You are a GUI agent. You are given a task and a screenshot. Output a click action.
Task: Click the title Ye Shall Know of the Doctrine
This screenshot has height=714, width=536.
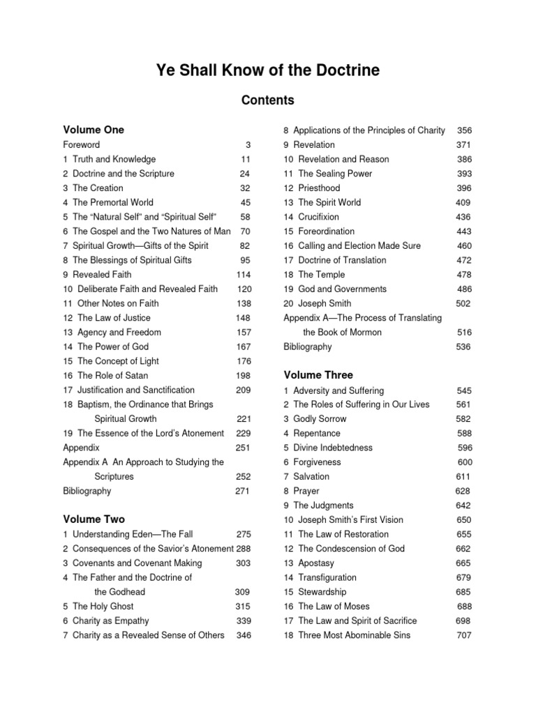click(x=267, y=71)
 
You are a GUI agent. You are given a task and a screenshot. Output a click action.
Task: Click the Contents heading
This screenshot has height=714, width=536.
click(x=267, y=100)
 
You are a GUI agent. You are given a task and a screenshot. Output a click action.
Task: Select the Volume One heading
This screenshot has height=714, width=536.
click(x=94, y=130)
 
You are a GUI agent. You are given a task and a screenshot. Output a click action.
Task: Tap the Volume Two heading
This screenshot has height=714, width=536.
click(x=94, y=519)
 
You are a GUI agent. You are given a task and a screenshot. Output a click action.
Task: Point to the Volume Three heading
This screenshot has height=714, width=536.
click(x=318, y=375)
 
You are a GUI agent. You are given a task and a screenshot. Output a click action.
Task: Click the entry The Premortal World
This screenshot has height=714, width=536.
click(x=113, y=202)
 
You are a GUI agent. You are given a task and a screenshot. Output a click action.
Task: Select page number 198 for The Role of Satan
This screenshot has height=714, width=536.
click(x=243, y=375)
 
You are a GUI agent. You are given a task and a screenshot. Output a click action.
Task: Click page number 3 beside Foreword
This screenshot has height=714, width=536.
click(x=247, y=144)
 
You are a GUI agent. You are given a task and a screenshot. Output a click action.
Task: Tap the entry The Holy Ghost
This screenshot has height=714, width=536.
click(x=103, y=606)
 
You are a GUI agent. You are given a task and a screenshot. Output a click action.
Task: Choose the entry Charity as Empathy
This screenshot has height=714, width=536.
click(x=111, y=621)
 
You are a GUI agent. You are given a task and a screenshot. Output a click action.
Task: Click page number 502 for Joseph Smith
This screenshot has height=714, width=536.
click(x=463, y=303)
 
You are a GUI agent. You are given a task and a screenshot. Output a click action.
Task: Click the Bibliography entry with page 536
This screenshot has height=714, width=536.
click(x=308, y=347)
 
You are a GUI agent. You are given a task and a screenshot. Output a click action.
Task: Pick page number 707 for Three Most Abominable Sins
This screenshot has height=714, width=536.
click(x=464, y=635)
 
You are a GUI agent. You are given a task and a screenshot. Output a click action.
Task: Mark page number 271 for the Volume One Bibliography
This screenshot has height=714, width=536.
click(x=242, y=491)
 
